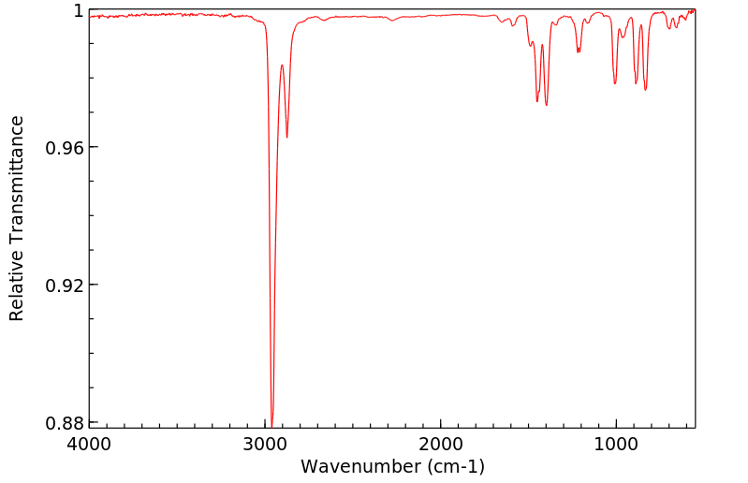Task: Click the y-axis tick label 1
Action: [x=79, y=10]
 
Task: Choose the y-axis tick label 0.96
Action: [x=65, y=148]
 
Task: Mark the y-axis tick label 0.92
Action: [x=65, y=285]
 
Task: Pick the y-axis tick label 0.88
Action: [x=65, y=423]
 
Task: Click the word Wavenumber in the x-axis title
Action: [x=356, y=466]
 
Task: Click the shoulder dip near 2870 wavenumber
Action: [x=286, y=137]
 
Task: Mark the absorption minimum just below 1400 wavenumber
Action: [x=547, y=105]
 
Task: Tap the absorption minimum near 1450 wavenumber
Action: [x=537, y=101]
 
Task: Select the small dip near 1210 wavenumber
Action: [x=579, y=51]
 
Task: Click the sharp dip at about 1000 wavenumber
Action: [x=615, y=83]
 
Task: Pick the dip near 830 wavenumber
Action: [x=646, y=90]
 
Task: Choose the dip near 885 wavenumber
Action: [x=636, y=83]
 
